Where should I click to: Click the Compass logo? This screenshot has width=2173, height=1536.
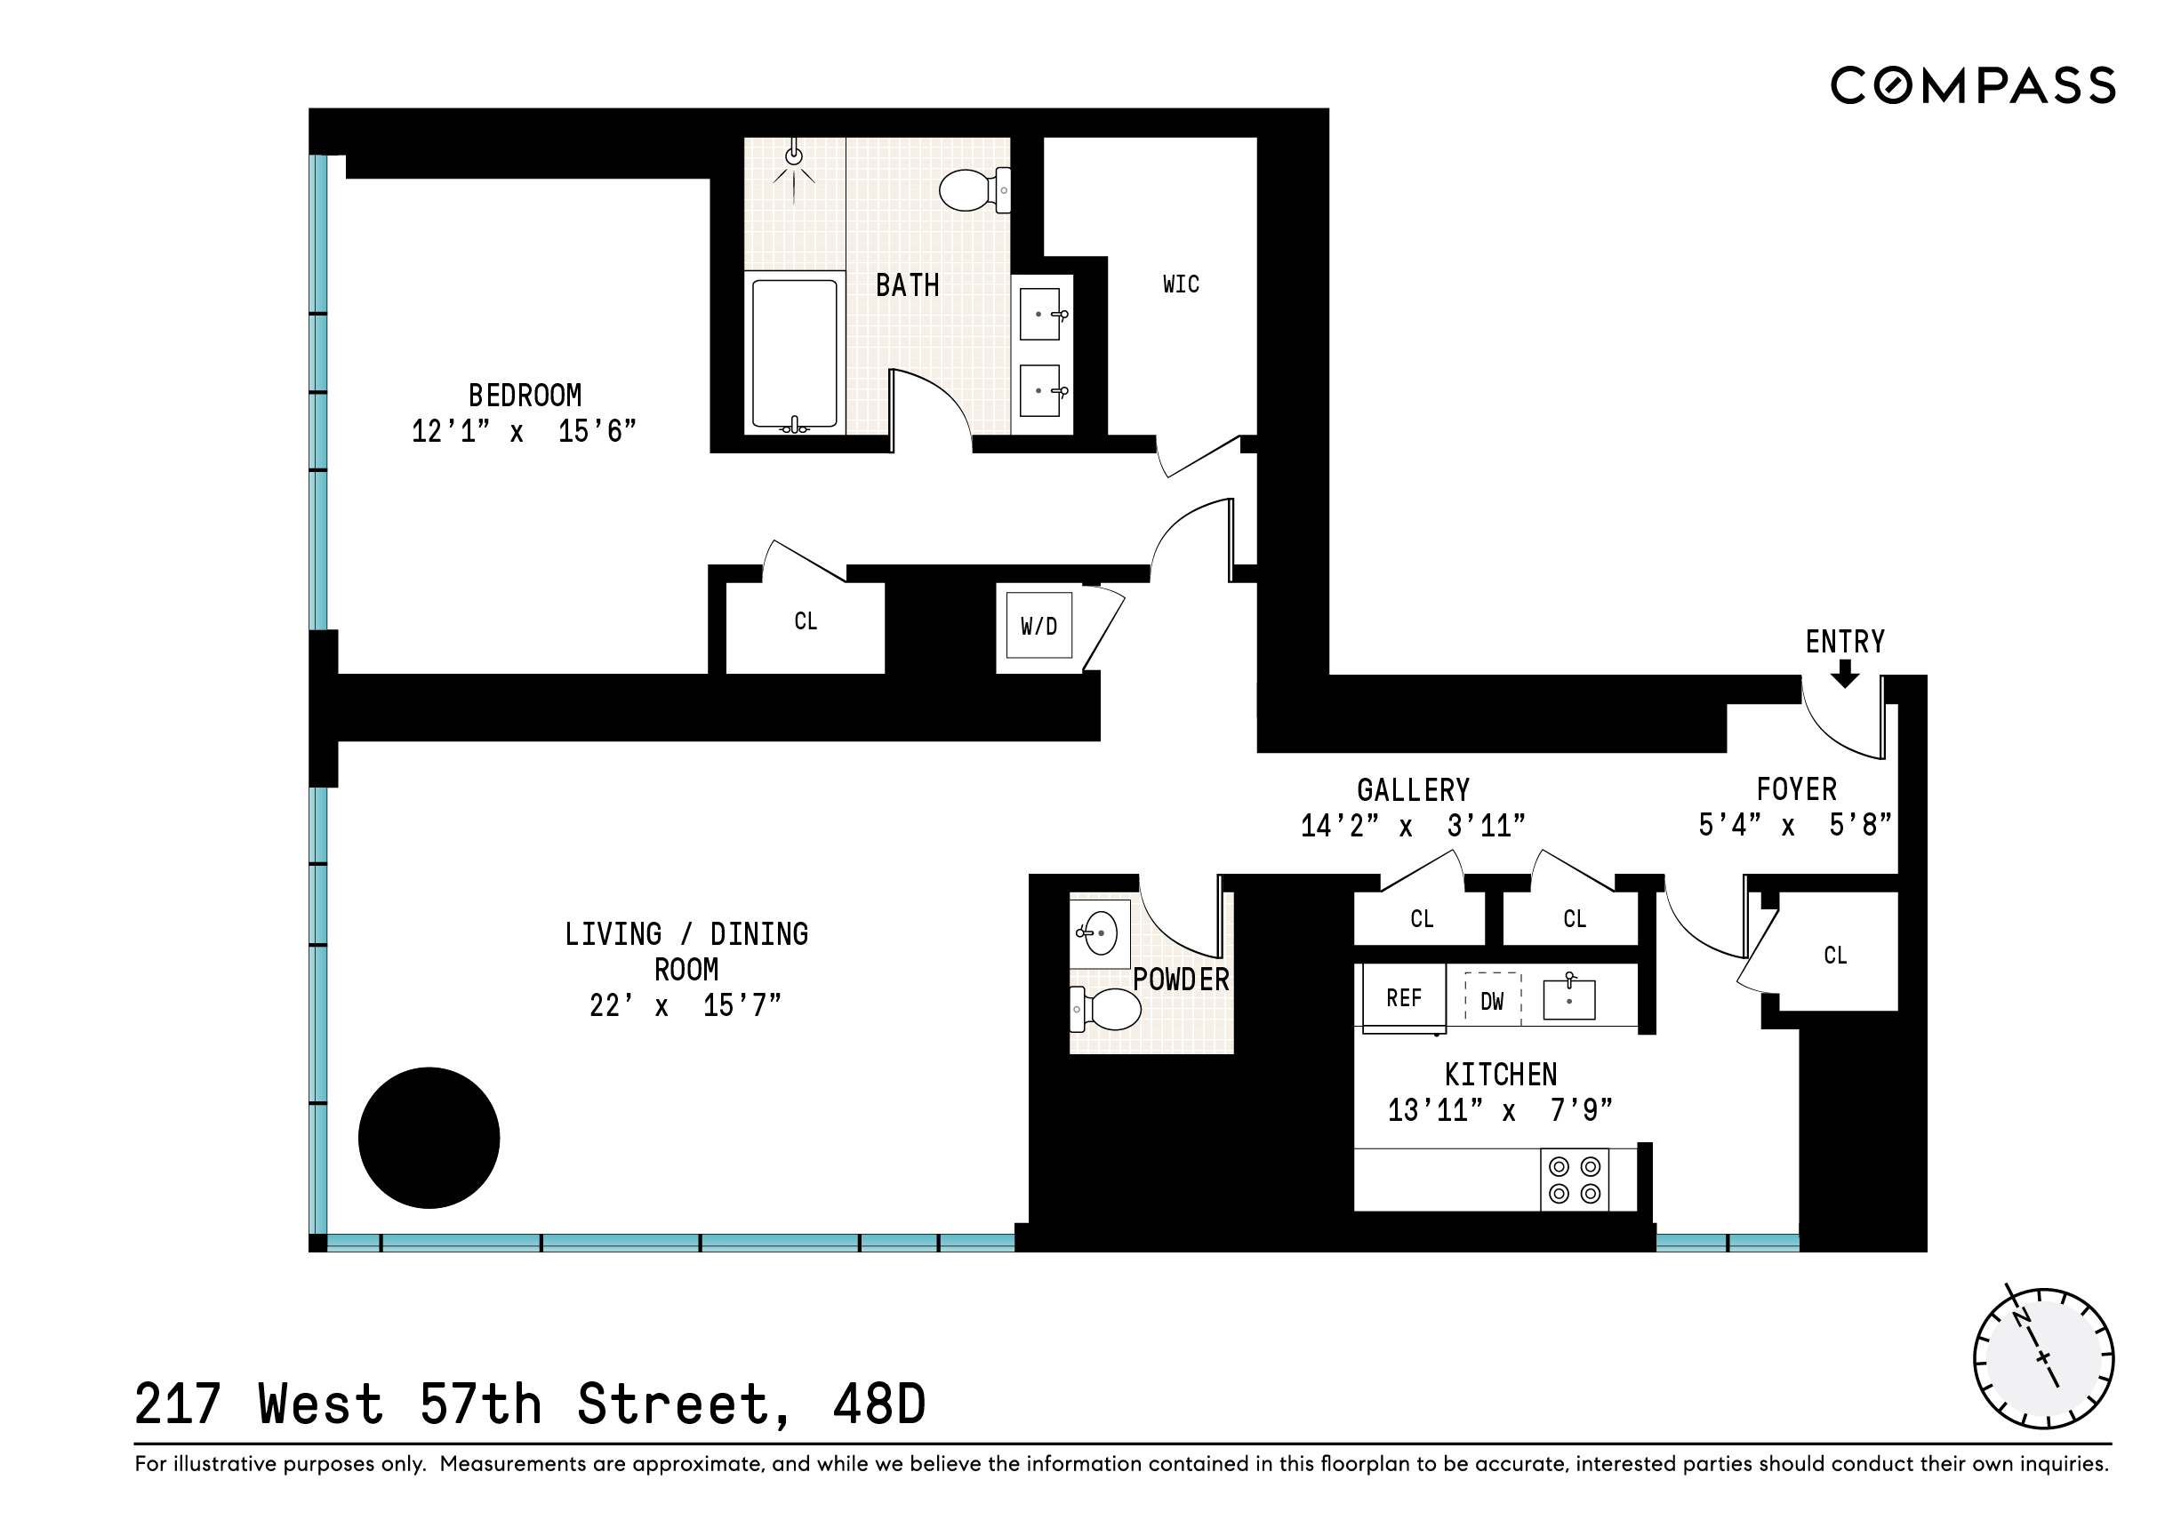[1972, 85]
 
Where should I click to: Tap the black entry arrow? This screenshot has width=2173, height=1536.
[1845, 674]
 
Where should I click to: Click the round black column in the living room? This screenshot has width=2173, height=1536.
[429, 1137]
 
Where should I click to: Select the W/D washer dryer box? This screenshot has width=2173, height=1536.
[1038, 626]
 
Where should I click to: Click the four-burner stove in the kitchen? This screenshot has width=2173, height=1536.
[1574, 1180]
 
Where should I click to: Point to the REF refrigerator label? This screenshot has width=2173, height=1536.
[1404, 998]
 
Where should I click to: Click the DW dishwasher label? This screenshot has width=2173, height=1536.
[1492, 1001]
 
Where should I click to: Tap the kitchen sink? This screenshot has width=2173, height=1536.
[1568, 998]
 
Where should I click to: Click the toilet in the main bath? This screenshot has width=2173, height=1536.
[973, 190]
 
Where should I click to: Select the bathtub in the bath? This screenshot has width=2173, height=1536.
[794, 353]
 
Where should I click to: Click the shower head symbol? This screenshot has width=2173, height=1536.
[794, 157]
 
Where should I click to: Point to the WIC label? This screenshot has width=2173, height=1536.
[1180, 284]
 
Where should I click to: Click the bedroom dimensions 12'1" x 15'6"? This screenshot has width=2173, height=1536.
[524, 432]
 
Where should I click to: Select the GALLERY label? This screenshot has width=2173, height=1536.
[1413, 790]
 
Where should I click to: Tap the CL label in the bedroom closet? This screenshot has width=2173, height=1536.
[806, 620]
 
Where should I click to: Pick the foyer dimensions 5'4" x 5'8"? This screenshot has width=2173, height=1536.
[1794, 824]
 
